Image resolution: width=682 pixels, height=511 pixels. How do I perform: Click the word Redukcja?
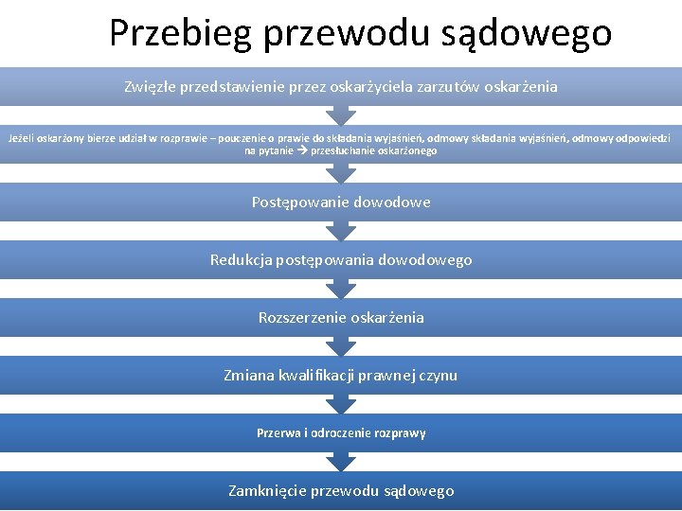click(241, 259)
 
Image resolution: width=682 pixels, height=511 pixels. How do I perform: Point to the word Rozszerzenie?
click(302, 317)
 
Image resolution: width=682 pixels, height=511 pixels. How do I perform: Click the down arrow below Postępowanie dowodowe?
click(341, 231)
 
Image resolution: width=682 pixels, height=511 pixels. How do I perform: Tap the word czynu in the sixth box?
click(437, 375)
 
